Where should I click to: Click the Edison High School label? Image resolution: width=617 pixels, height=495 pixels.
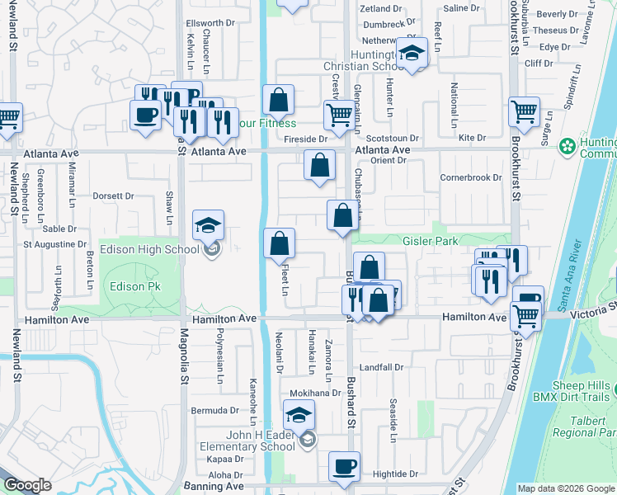(x=149, y=250)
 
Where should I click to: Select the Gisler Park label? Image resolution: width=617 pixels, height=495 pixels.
(x=430, y=242)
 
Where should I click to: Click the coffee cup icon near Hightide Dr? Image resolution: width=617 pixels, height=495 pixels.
(x=344, y=466)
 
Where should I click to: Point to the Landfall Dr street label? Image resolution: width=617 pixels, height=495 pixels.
(x=381, y=367)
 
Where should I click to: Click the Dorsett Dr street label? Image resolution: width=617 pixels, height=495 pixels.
(x=113, y=196)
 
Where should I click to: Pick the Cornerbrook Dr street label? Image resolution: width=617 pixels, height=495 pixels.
(x=471, y=177)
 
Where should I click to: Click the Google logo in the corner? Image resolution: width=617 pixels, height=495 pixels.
(x=26, y=485)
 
